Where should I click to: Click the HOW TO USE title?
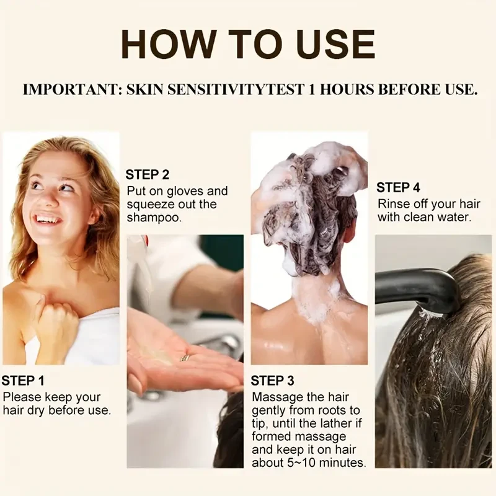pyautogui.click(x=248, y=45)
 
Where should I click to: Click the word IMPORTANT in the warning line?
pyautogui.click(x=70, y=89)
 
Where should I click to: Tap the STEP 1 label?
pyautogui.click(x=23, y=381)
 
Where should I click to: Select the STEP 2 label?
pyautogui.click(x=147, y=175)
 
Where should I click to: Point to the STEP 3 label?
pyautogui.click(x=272, y=380)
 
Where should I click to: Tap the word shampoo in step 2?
pyautogui.click(x=154, y=218)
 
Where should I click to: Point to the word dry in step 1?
pyautogui.click(x=51, y=410)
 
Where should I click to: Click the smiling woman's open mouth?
pyautogui.click(x=49, y=219)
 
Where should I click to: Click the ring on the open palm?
pyautogui.click(x=185, y=358)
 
